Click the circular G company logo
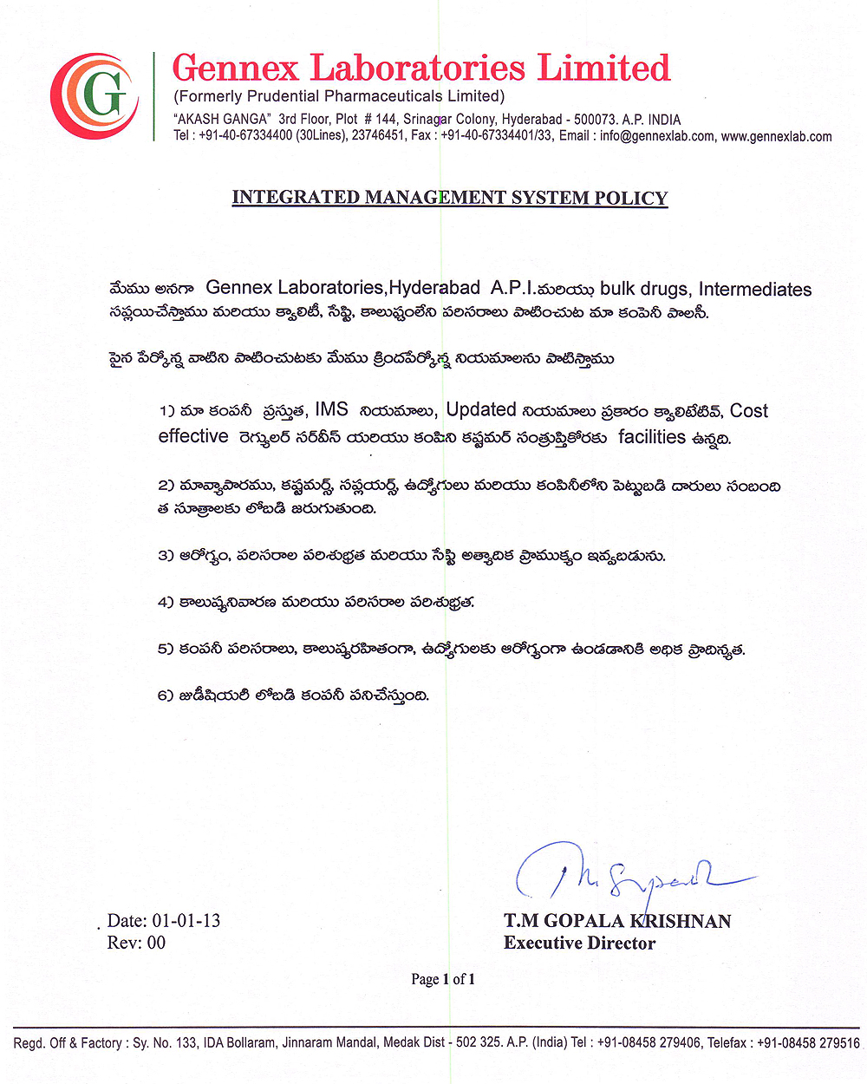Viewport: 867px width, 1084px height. point(95,95)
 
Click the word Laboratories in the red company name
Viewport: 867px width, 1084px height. point(418,68)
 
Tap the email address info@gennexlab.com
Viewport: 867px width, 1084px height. point(657,136)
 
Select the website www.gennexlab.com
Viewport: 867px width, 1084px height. point(776,136)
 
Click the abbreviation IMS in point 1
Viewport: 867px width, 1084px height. point(331,409)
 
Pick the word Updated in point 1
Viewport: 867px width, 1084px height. point(481,409)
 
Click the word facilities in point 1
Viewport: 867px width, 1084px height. point(651,437)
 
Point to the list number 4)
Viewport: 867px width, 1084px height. point(166,602)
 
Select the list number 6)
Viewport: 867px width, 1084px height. point(166,695)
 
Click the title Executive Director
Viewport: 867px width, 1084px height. point(579,944)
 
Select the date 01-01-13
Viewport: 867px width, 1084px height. point(186,921)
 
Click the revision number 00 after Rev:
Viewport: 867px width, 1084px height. point(156,944)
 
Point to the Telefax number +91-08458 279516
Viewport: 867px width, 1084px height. point(808,1043)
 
